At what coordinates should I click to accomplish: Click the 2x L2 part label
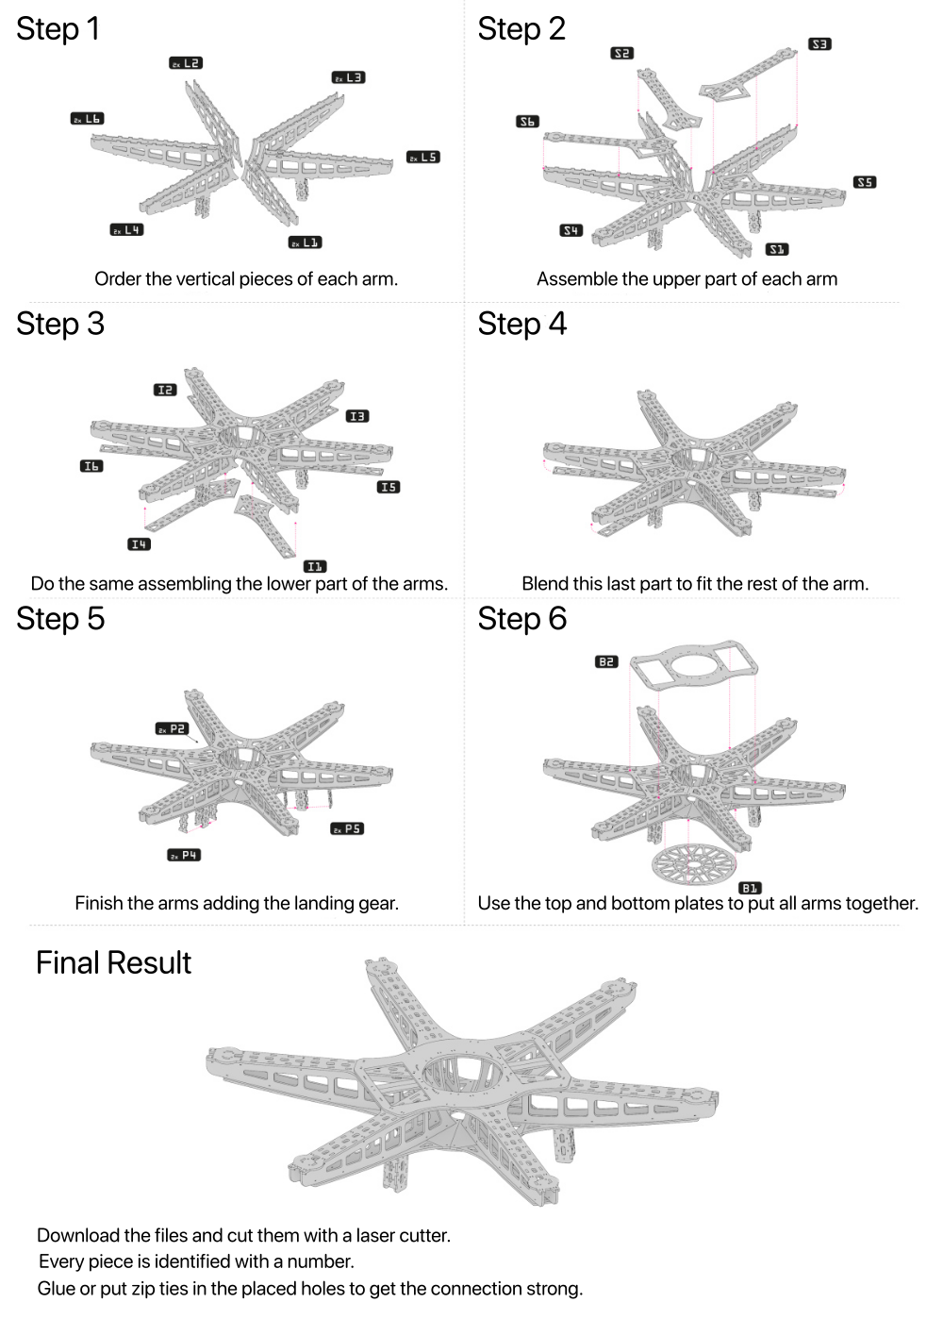186,63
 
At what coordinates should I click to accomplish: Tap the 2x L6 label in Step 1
87,119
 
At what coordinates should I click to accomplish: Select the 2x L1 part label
306,242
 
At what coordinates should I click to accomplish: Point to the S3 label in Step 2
819,44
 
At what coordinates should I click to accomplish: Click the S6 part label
527,122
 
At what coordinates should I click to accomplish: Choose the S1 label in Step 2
776,249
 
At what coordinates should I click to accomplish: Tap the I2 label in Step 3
165,390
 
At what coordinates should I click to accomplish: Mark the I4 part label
139,543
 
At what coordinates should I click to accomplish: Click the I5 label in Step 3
388,487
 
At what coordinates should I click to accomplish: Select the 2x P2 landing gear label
173,728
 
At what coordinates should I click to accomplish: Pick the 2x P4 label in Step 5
184,855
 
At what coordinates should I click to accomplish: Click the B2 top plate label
606,662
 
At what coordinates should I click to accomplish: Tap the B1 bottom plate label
751,888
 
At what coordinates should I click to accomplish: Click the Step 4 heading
521,324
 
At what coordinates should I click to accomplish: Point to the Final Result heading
113,962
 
